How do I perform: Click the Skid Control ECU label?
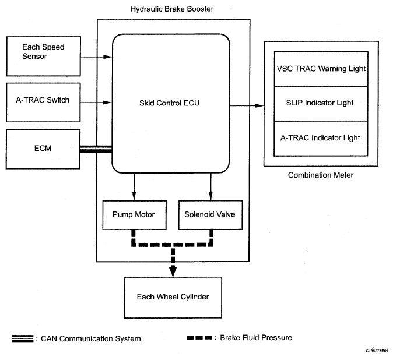[170, 104]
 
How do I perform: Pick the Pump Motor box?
[134, 214]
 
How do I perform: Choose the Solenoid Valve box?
[210, 214]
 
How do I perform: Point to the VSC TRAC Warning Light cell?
[321, 69]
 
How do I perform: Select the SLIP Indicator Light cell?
[321, 103]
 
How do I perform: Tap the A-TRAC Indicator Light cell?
[321, 138]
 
